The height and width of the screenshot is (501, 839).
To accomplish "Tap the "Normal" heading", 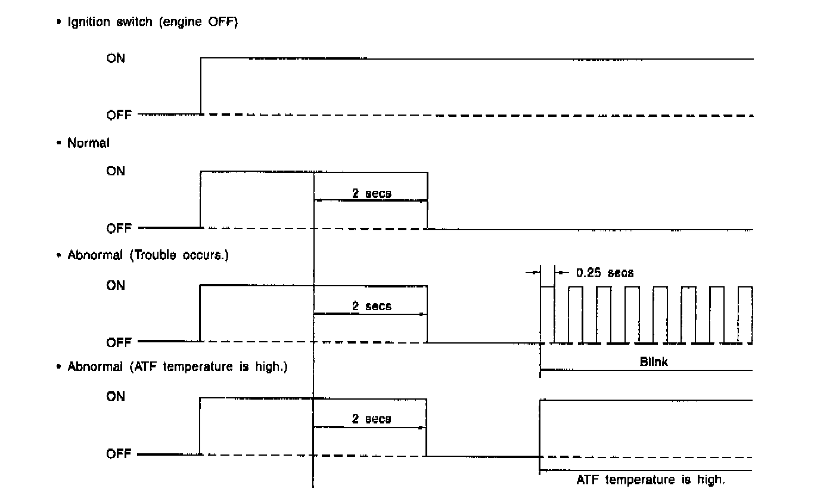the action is pyautogui.click(x=88, y=143).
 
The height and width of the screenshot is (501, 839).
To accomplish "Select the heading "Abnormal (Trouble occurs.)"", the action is pyautogui.click(x=148, y=255).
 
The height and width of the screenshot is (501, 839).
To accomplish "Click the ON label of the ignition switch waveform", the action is pyautogui.click(x=116, y=59).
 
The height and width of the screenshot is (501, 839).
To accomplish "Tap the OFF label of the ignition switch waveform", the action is pyautogui.click(x=119, y=115).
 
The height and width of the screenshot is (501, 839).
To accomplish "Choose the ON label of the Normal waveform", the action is pyautogui.click(x=116, y=171).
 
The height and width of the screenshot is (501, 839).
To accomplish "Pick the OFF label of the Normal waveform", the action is pyautogui.click(x=119, y=228).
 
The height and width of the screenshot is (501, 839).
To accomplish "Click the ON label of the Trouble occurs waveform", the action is pyautogui.click(x=116, y=286).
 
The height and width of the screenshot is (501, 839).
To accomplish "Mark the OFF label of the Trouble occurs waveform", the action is pyautogui.click(x=119, y=343).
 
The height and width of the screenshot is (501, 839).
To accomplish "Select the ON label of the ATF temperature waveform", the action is pyautogui.click(x=116, y=396).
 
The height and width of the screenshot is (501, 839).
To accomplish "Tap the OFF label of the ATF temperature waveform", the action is pyautogui.click(x=119, y=454).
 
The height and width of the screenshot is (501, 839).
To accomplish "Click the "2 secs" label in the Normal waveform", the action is pyautogui.click(x=371, y=193).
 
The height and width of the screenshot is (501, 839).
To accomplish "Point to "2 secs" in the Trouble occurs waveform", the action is pyautogui.click(x=371, y=306).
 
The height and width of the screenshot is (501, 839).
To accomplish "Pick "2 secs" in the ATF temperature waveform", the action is pyautogui.click(x=371, y=419).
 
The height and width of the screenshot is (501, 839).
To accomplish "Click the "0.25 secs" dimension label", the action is pyautogui.click(x=605, y=273).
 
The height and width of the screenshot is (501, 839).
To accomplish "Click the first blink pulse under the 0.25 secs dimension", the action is pyautogui.click(x=547, y=315).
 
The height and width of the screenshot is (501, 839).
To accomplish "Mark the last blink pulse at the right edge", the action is pyautogui.click(x=745, y=315).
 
